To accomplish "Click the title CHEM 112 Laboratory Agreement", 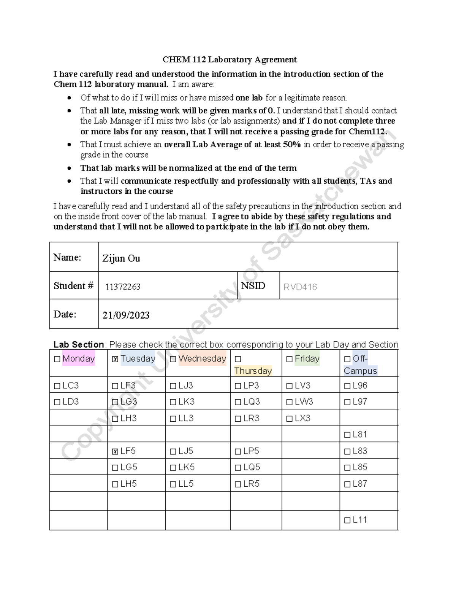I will [x=230, y=60].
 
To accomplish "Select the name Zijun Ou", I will [x=121, y=258].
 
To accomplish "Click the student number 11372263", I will [x=123, y=287].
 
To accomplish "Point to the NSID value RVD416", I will [x=300, y=287].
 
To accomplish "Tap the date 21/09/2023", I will [x=126, y=315].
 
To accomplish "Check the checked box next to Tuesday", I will [x=115, y=359].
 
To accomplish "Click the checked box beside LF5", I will [x=115, y=452].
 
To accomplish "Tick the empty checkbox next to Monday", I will [x=57, y=359].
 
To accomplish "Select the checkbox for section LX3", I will [x=289, y=419].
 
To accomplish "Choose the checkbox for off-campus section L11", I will [x=347, y=521].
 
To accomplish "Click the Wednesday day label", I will [x=202, y=358].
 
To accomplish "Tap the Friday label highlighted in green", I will [x=307, y=358].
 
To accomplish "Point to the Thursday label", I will [x=253, y=371].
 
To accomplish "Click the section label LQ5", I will [x=252, y=467].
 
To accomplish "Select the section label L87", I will [x=360, y=484].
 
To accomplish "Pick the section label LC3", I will [x=70, y=386].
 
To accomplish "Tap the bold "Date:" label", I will [x=65, y=314].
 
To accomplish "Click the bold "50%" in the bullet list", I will [x=292, y=145].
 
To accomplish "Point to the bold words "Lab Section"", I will [x=79, y=345].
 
